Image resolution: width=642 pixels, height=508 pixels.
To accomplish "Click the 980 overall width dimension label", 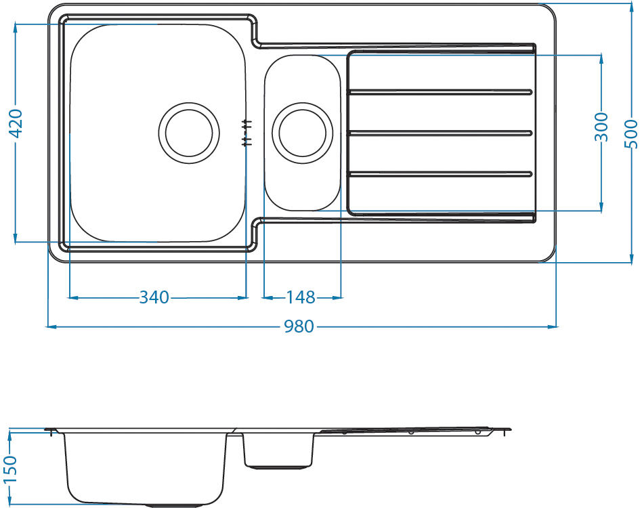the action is (299, 326).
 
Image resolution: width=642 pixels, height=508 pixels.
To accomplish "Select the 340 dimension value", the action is (154, 297).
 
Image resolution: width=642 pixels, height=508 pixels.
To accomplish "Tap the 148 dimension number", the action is (301, 297).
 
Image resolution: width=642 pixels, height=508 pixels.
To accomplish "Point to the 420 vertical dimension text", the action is (16, 123).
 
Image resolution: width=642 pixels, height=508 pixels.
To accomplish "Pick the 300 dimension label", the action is (601, 127).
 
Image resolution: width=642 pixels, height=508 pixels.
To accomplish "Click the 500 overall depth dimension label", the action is (631, 134).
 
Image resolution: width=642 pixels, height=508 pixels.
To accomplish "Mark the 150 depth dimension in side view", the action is (9, 469).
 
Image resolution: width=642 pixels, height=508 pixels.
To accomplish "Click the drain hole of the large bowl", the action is (189, 133).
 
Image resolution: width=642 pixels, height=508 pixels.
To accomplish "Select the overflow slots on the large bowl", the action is (247, 133).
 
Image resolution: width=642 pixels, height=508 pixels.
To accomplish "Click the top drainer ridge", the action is (440, 92).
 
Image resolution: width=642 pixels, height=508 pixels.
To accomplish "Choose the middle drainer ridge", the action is (440, 133).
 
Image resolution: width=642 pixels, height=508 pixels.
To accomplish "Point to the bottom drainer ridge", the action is (440, 174).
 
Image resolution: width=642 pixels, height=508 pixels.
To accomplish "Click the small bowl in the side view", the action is (278, 450).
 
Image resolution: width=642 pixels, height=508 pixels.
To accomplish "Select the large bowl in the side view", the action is (146, 469).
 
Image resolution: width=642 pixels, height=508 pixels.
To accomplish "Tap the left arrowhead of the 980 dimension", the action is (51, 326).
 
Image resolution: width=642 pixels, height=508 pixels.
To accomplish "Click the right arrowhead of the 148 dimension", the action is (337, 297).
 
